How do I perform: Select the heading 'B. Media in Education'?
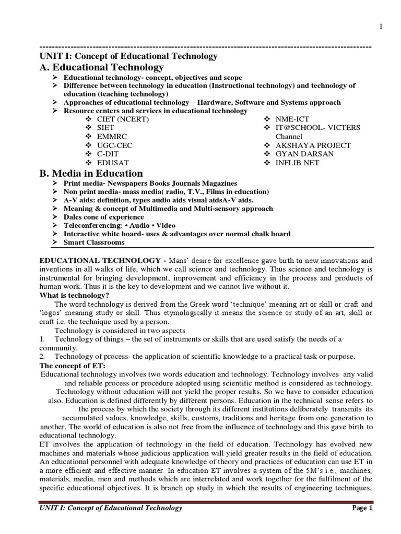[91, 173]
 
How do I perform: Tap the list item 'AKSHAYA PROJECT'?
[313, 145]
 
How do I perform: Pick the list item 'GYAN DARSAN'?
[305, 154]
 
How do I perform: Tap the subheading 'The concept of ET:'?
[73, 366]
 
